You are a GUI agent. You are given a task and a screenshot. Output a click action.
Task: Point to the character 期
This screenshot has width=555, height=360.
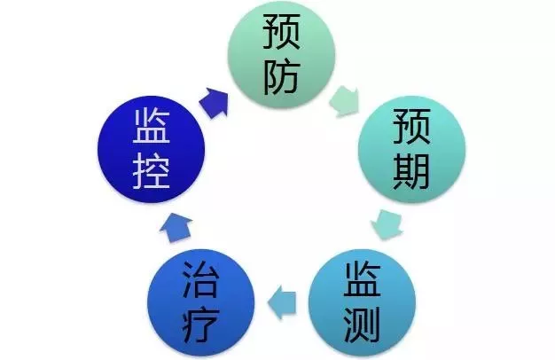(409, 174)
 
